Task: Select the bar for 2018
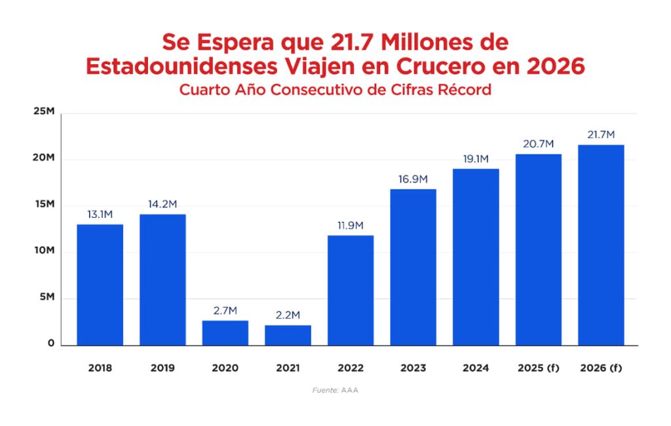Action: pyautogui.click(x=100, y=285)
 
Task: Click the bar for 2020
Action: pyautogui.click(x=225, y=332)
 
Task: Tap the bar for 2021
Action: pyautogui.click(x=288, y=334)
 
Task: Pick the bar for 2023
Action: pyautogui.click(x=413, y=267)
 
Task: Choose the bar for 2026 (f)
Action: pyautogui.click(x=601, y=245)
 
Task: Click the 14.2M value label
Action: pyautogui.click(x=163, y=204)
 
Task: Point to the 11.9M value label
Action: pyautogui.click(x=351, y=226)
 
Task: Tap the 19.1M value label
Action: pyautogui.click(x=476, y=159)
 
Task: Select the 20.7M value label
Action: pyautogui.click(x=539, y=144)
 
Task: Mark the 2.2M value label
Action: pyautogui.click(x=288, y=315)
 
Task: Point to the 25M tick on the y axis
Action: pyautogui.click(x=44, y=112)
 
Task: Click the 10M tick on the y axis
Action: pyautogui.click(x=44, y=251)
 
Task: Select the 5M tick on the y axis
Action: pyautogui.click(x=46, y=298)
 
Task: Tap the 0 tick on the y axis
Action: pyautogui.click(x=50, y=344)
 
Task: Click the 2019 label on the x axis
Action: pyautogui.click(x=163, y=368)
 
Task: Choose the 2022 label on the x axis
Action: pyautogui.click(x=351, y=368)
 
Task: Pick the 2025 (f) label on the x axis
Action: pyautogui.click(x=539, y=368)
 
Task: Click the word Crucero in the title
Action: pyautogui.click(x=453, y=66)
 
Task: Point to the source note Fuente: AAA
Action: pyautogui.click(x=335, y=390)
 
